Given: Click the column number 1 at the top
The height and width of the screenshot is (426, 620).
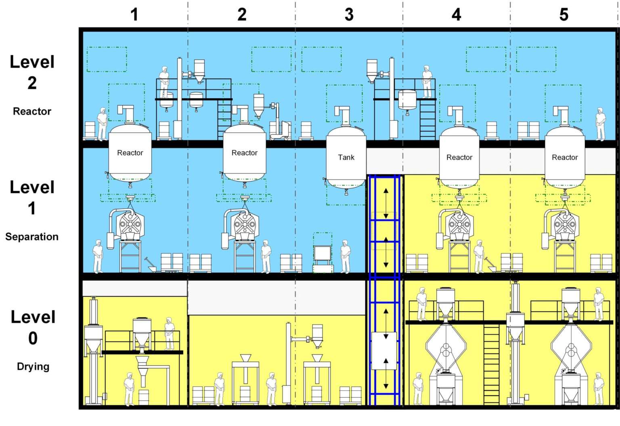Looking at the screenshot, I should coord(134,15).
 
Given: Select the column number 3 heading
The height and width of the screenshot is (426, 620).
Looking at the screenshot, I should coord(349,15).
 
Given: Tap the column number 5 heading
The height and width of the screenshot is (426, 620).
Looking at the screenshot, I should coord(564,15).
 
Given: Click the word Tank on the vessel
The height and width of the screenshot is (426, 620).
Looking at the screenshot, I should coord(346,157).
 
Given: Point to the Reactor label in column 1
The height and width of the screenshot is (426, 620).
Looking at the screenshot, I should coord(130,153).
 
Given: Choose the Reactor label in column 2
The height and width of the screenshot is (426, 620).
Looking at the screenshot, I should coord(244,153).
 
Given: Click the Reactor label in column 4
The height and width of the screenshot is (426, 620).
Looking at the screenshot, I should coord(459,157).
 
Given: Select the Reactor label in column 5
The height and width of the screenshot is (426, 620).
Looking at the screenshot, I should coord(565,157).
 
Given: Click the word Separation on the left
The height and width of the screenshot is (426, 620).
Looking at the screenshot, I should coord(32,236).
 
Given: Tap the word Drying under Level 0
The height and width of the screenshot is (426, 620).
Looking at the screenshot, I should coord(33,366).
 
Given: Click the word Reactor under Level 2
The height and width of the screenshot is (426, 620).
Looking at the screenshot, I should coord(32,111).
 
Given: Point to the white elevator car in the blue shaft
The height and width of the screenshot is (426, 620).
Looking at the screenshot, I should coord(384,350).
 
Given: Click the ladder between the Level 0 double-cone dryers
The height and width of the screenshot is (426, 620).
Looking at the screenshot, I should coord(491,364).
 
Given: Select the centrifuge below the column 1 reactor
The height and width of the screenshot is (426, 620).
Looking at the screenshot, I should coord(130,224).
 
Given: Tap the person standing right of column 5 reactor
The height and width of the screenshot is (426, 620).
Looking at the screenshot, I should coord(601,124).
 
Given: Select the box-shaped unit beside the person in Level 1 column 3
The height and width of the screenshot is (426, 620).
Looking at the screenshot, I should coord(323,254).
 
